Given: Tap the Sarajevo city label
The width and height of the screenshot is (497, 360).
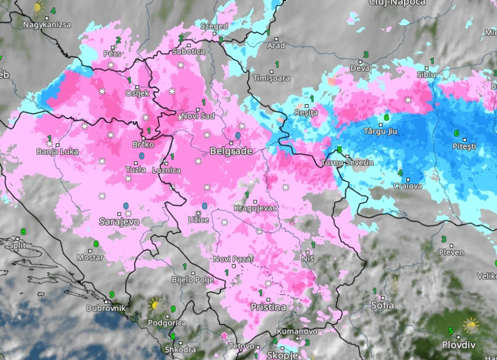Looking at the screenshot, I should (119, 221).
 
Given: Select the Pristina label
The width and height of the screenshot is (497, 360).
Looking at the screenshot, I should (268, 307).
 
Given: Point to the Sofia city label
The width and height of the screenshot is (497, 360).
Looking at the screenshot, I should (382, 306).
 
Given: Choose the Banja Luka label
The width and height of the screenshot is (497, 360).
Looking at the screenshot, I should (57, 152).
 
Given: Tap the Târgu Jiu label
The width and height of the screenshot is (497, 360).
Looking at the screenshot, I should (380, 131).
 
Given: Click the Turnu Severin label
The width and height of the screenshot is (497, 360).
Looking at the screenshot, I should (347, 163).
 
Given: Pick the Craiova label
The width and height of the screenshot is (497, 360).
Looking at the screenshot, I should (408, 186).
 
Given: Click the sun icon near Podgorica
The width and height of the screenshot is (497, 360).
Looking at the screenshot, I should (155, 304).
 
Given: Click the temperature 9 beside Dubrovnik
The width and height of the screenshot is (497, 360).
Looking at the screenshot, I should (112, 294).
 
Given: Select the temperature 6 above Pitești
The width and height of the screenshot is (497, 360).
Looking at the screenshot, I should (456, 133).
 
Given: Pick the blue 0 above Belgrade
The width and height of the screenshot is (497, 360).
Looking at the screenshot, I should (237, 135).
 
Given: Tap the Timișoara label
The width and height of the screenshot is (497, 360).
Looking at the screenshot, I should (272, 78).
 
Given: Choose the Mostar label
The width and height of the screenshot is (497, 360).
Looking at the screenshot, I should (90, 258).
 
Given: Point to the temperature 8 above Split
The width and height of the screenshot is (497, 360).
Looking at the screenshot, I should (23, 232).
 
